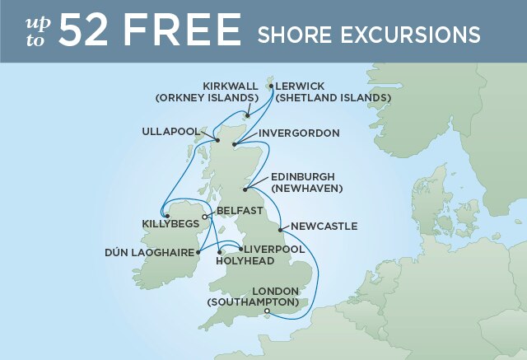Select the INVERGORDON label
[x=299, y=133]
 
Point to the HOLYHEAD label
[x=245, y=260]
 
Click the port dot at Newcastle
[x=281, y=228]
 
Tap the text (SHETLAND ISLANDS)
[x=333, y=98]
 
